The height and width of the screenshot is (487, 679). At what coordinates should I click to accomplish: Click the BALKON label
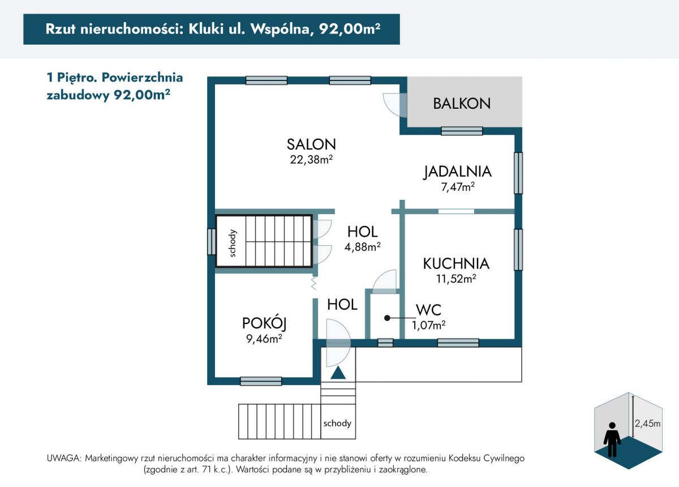click(462, 104)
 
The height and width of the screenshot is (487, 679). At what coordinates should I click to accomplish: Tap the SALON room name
click(311, 144)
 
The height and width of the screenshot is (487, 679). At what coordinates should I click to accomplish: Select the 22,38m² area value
click(311, 159)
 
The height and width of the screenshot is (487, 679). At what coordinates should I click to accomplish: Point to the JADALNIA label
click(457, 172)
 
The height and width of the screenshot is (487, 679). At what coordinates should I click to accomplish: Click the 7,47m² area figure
click(458, 187)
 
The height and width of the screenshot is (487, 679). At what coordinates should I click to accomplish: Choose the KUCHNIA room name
click(456, 264)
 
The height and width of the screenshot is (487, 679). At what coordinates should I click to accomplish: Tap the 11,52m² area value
click(456, 278)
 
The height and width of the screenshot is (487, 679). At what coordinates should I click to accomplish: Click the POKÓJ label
click(264, 323)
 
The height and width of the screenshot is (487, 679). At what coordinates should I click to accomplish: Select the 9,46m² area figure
click(264, 338)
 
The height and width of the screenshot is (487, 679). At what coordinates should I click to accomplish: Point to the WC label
click(429, 310)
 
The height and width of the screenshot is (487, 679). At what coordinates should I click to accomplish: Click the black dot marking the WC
click(387, 318)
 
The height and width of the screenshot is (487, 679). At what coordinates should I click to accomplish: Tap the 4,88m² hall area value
click(363, 247)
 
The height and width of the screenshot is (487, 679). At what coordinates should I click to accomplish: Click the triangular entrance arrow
click(338, 373)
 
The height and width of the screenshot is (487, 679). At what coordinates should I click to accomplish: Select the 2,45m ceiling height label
click(647, 423)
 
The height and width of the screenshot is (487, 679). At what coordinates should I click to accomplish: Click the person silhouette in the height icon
click(612, 439)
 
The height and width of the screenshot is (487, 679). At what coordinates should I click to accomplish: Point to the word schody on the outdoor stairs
click(337, 423)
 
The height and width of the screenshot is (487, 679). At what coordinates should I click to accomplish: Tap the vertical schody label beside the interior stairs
click(232, 244)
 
